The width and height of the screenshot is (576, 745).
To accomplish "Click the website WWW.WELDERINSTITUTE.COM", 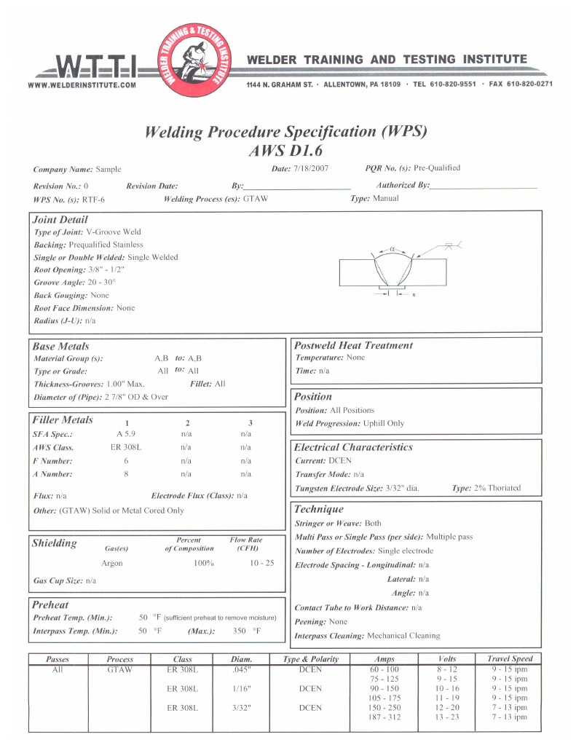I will tap(82, 85).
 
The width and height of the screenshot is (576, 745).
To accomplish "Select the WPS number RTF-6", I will tap(93, 199).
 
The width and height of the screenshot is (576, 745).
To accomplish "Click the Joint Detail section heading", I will tap(60, 219).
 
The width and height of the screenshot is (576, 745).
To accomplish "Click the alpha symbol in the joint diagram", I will tap(392, 248).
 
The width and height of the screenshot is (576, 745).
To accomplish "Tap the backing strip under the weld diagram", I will tap(392, 289).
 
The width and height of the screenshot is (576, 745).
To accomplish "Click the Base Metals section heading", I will tap(61, 346).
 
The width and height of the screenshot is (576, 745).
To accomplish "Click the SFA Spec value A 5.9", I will tap(127, 435).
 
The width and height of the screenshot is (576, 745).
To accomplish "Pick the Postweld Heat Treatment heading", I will tap(352, 345).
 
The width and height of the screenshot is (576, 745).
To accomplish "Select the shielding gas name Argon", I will tap(112, 563).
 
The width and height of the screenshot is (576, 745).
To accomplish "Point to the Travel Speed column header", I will tap(510, 658).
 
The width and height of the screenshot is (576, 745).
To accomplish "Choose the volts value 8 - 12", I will tap(447, 669).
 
